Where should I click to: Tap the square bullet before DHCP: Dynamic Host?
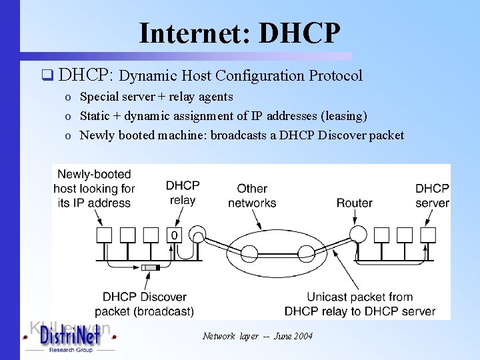(x=46, y=75)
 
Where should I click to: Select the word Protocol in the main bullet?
(x=335, y=75)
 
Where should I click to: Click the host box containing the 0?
(x=175, y=235)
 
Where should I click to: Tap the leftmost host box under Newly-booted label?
(x=104, y=235)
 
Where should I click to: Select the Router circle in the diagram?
(x=358, y=234)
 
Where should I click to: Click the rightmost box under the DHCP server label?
(x=428, y=235)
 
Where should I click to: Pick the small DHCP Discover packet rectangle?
(x=151, y=267)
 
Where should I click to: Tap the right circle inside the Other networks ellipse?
(x=306, y=253)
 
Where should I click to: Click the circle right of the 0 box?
(x=198, y=235)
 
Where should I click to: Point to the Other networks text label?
(x=252, y=196)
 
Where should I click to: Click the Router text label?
(x=354, y=203)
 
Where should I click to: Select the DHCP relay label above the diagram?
(x=183, y=193)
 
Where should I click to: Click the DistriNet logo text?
(x=69, y=337)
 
